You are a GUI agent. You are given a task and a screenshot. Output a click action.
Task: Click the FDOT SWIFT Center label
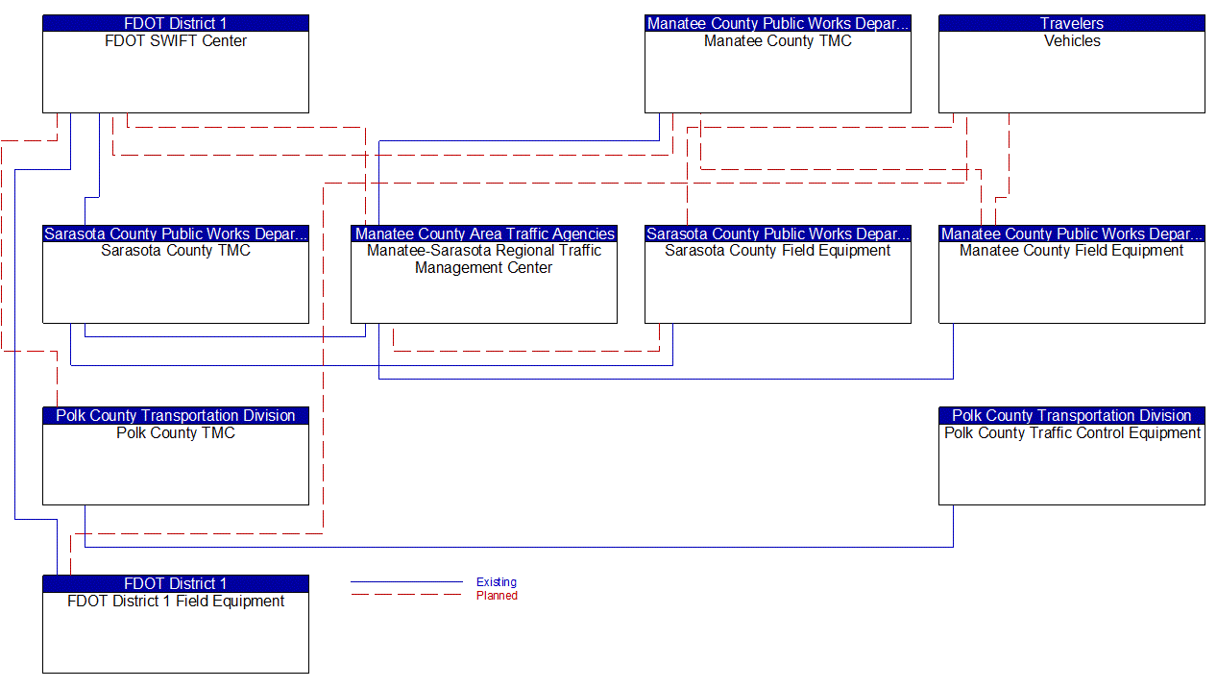coord(176,41)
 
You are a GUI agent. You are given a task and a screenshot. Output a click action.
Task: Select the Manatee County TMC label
coord(777,41)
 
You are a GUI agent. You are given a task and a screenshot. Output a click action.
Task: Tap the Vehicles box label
coord(1072,41)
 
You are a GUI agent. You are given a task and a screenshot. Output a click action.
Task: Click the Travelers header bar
coord(1072,23)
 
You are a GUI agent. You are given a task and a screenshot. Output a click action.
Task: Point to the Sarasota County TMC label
coord(176,251)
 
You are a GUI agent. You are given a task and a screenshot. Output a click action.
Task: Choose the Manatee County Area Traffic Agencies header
coord(484,233)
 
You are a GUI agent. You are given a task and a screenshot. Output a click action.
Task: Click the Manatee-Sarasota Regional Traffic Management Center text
coord(484,259)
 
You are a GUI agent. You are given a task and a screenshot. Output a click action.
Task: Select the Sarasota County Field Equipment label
coord(777,251)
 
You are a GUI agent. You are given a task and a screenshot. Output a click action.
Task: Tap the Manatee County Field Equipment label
coord(1072,251)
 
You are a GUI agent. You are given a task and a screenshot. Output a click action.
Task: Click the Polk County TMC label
coord(176,433)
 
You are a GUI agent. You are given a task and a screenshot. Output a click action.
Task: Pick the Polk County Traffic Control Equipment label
coord(1072,433)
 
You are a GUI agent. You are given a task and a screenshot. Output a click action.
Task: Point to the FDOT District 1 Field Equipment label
coord(176,602)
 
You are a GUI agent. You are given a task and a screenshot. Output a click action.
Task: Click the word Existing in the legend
coord(497,582)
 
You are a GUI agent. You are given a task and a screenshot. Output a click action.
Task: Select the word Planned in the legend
coord(497,596)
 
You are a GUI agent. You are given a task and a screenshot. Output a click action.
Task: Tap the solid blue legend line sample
coord(405,582)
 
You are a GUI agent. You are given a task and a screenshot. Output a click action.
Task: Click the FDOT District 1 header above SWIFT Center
coord(176,23)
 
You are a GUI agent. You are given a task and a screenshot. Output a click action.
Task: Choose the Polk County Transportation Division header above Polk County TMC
coord(176,416)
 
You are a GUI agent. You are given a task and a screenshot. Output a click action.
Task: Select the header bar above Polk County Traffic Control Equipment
coord(1072,416)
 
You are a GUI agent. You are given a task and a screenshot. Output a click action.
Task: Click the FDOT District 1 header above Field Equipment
coord(176,584)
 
